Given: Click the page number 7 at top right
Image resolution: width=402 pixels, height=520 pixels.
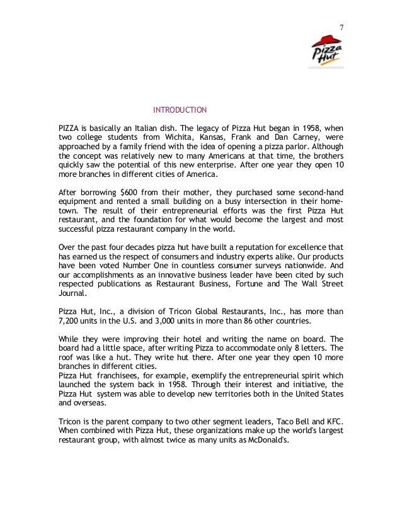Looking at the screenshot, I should [341, 28].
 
